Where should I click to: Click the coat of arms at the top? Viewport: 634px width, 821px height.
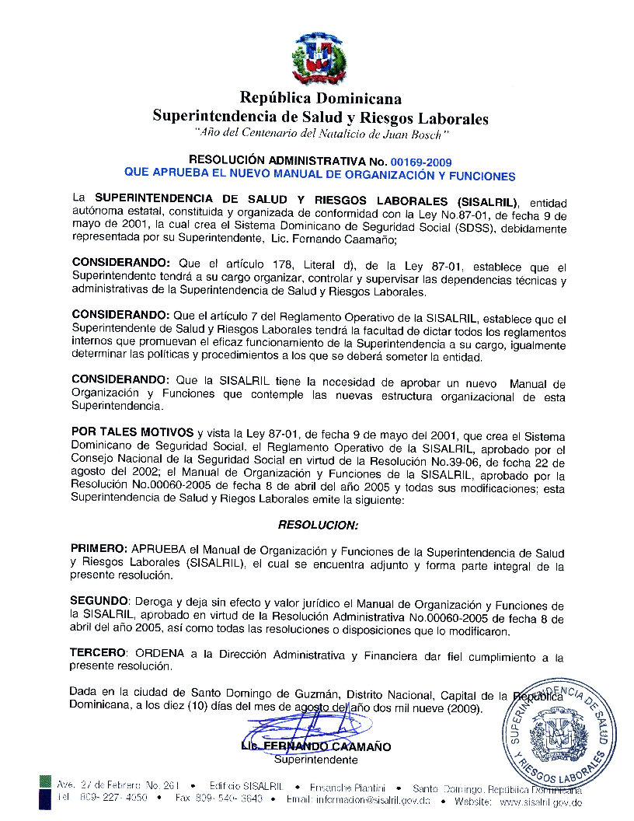(x=318, y=58)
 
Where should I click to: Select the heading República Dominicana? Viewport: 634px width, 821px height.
(x=320, y=99)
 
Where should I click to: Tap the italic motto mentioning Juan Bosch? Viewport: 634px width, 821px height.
(x=321, y=135)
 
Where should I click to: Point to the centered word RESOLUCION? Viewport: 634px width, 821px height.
(x=318, y=525)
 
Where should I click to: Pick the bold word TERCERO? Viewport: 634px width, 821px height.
(x=97, y=655)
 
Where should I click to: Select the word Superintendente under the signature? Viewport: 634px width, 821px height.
(x=316, y=760)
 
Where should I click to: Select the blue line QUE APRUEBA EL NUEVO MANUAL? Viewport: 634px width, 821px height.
(x=320, y=176)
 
